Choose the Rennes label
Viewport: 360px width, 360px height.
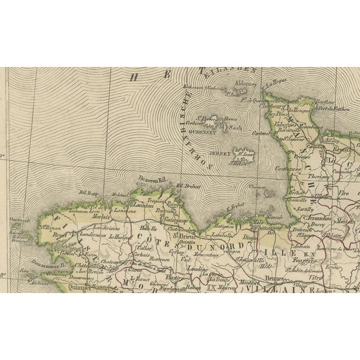pos(274,276)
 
